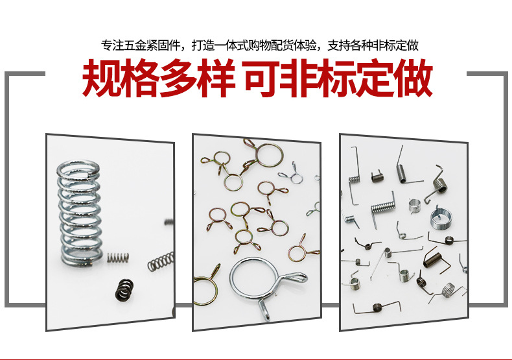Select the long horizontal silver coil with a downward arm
382,209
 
